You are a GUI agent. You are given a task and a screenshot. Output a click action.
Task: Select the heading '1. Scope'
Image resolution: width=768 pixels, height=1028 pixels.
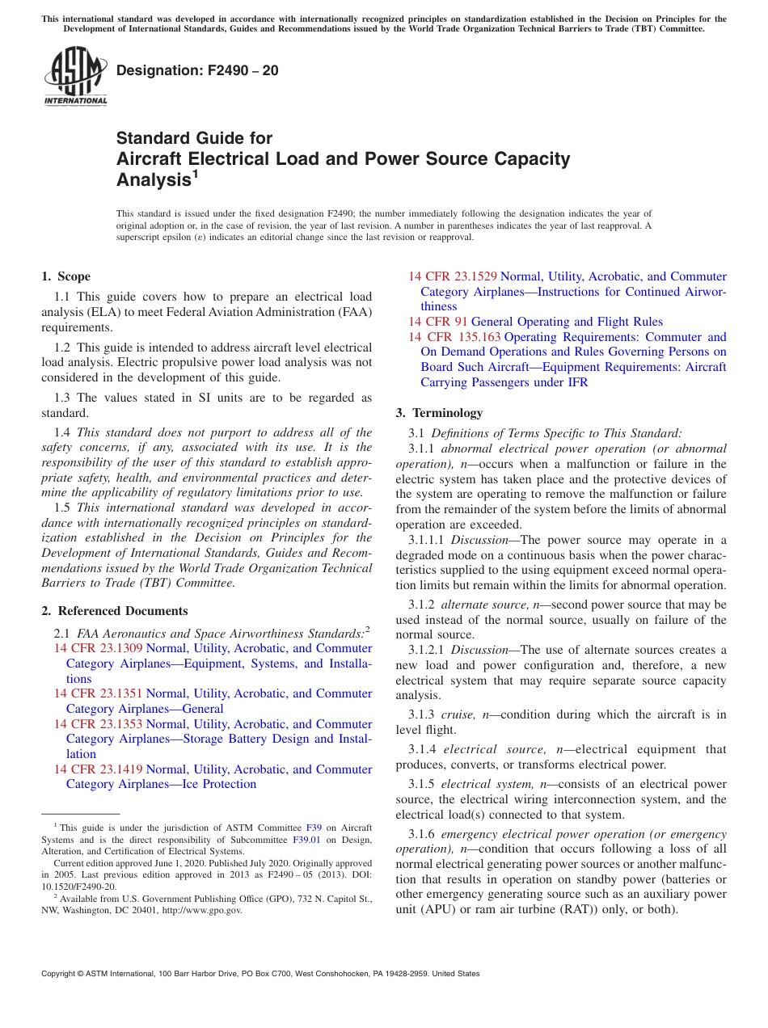66,276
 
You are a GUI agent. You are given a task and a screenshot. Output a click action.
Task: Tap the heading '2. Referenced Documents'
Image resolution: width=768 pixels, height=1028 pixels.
115,611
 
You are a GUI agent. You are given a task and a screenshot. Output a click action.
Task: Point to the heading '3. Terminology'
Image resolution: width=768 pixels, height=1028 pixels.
439,412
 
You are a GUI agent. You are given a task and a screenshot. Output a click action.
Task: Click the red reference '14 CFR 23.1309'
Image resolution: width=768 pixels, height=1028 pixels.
98,648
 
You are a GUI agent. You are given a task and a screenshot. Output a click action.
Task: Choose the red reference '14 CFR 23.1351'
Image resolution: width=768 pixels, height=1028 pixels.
98,693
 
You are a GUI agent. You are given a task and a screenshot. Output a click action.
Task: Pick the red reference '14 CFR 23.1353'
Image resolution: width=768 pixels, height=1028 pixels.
98,724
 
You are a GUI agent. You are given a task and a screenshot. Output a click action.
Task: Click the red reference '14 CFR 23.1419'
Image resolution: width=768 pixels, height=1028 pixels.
98,769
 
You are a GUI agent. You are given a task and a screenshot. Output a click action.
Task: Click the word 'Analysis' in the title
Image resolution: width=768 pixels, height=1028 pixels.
153,180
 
